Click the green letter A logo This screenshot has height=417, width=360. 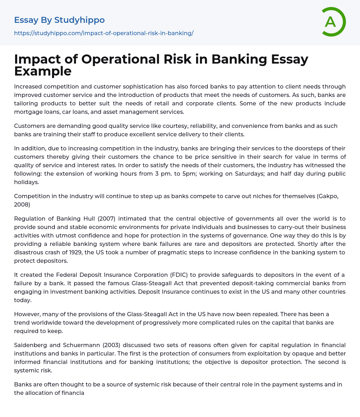tap(333, 22)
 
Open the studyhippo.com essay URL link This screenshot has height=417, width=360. tap(104, 33)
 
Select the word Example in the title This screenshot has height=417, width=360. tap(43, 71)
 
